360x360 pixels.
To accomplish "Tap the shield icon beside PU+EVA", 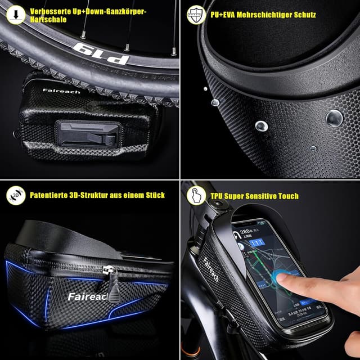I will [195, 13].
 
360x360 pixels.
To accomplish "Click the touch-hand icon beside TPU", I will [195, 195].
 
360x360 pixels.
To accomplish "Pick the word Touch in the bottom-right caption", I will [287, 196].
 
